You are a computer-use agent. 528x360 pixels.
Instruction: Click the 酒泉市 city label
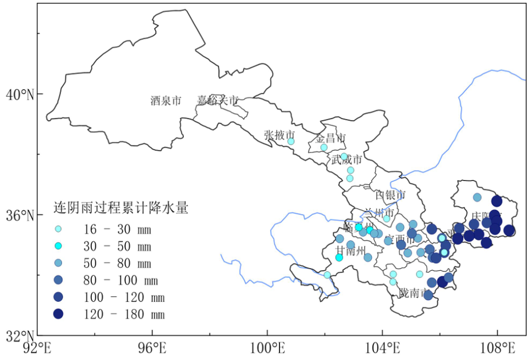point(166,101)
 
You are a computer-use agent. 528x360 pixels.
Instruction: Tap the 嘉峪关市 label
point(218,100)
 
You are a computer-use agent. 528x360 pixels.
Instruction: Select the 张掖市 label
point(279,135)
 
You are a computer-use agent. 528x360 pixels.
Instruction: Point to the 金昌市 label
point(331,138)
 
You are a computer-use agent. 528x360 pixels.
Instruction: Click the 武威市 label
point(346,160)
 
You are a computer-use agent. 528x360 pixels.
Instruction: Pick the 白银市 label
point(390,195)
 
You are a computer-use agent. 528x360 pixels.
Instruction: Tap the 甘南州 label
point(350,251)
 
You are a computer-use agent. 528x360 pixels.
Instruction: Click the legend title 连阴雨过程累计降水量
point(121,208)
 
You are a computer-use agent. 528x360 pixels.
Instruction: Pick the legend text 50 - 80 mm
point(117,263)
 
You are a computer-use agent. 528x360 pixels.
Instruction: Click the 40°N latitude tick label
point(20,95)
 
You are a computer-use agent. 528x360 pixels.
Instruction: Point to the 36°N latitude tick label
point(20,215)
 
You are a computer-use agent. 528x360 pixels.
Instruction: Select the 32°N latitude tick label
point(20,335)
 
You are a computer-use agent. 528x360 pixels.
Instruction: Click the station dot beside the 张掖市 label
point(291,141)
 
